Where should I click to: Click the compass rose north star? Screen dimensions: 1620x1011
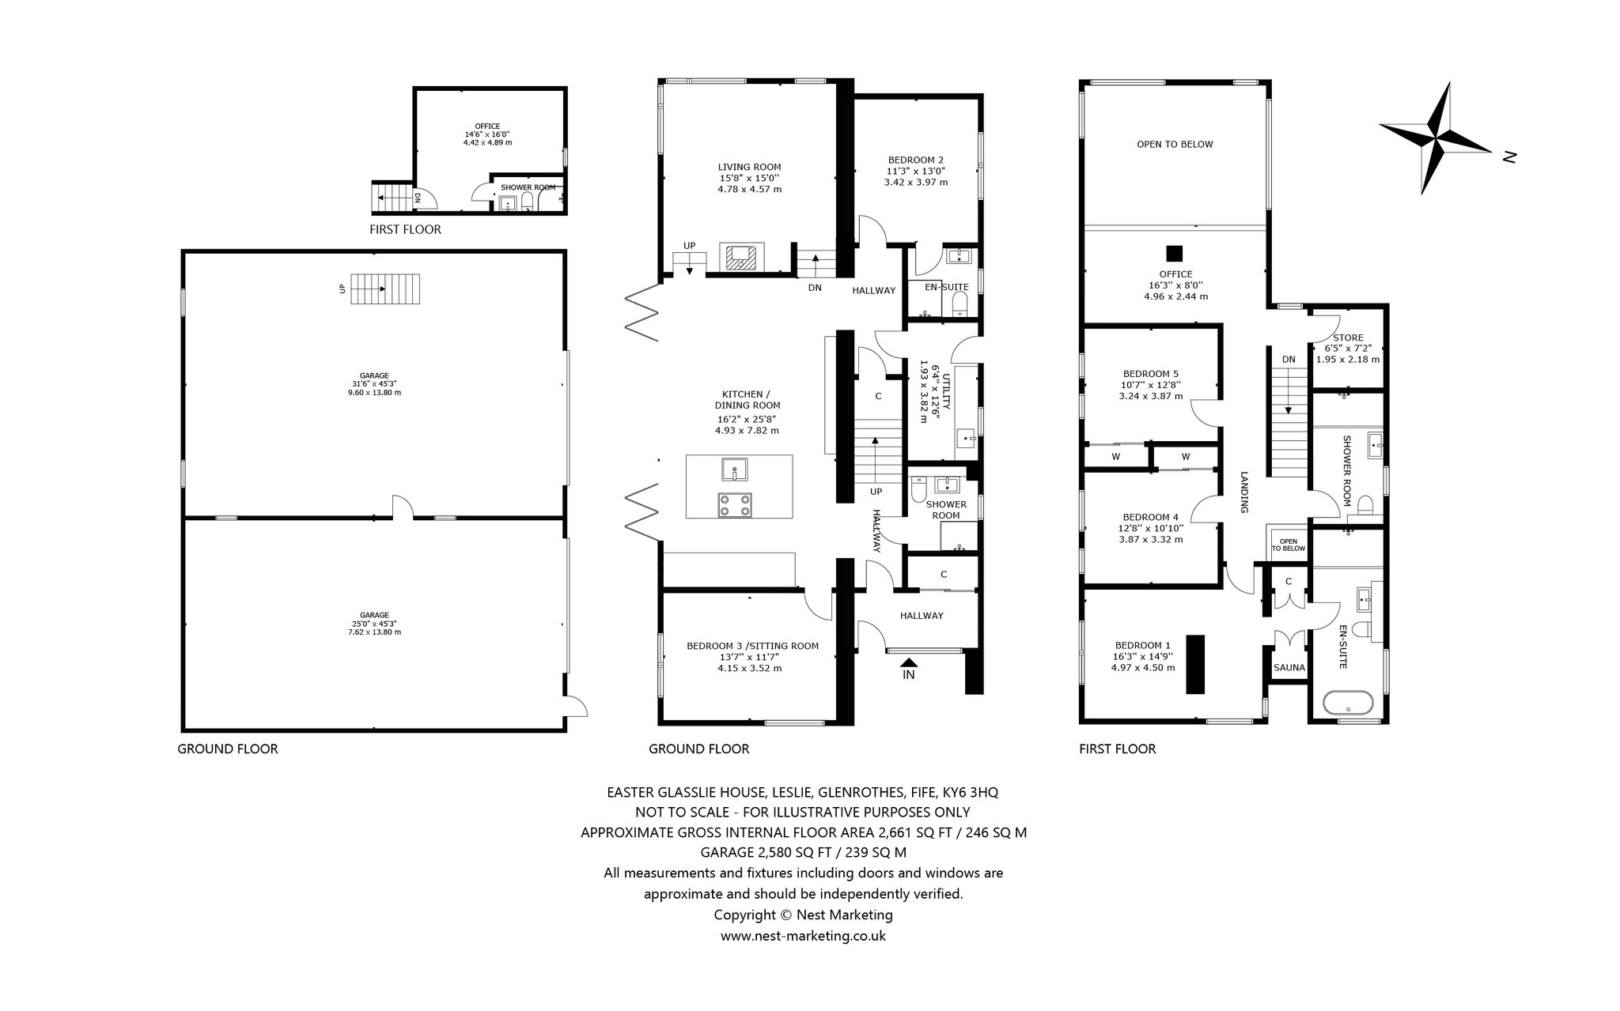tap(1436, 139)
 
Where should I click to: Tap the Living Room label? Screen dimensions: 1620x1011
tap(749, 167)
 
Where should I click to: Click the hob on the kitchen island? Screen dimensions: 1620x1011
tap(735, 505)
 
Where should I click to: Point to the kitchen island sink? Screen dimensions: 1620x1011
tap(735, 470)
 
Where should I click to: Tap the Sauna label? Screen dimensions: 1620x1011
tap(1289, 668)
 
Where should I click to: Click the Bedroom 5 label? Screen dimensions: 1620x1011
tap(1151, 374)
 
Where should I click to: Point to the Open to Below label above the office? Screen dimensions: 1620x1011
tap(1175, 145)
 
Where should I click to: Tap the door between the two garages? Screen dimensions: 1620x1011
tap(403, 507)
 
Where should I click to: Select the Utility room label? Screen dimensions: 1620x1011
tap(946, 393)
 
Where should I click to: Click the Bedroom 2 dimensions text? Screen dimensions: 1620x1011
tap(916, 176)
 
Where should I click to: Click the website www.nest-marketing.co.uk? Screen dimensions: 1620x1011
tap(803, 936)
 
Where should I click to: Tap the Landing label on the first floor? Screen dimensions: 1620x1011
tap(1243, 492)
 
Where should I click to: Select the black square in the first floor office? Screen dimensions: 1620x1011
tap(1175, 253)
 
